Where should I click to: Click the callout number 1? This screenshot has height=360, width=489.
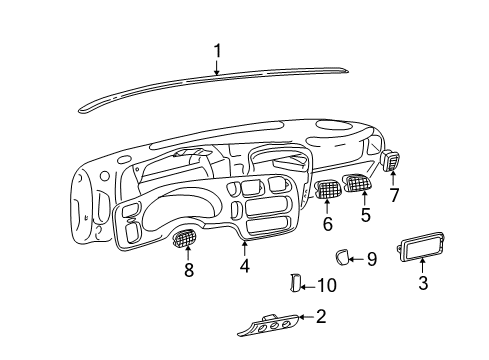(217, 49)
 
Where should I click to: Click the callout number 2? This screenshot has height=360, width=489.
(322, 317)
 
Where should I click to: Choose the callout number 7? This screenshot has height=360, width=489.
(394, 195)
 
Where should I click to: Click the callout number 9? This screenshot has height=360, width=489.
(371, 260)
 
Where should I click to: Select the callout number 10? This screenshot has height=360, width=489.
(326, 285)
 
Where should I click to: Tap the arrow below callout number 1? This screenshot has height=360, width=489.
(217, 67)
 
